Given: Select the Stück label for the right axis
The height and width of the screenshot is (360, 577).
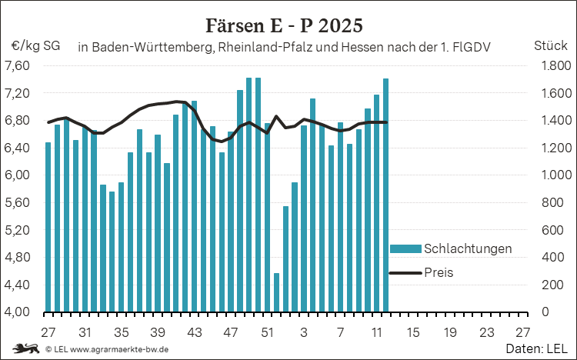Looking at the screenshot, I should [x=549, y=46].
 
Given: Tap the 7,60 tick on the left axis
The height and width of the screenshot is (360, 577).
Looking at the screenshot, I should [x=18, y=65].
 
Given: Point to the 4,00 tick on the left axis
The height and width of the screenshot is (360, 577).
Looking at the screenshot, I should [x=18, y=312].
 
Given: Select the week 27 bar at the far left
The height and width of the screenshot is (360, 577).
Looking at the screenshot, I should [x=48, y=227].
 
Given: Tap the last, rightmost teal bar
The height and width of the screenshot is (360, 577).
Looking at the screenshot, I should [x=385, y=195].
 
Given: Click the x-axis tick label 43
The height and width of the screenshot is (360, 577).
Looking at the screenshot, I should [x=194, y=332].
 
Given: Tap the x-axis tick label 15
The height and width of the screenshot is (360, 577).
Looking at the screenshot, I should [x=413, y=332].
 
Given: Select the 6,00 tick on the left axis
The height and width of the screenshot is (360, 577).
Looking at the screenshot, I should [x=18, y=175].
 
